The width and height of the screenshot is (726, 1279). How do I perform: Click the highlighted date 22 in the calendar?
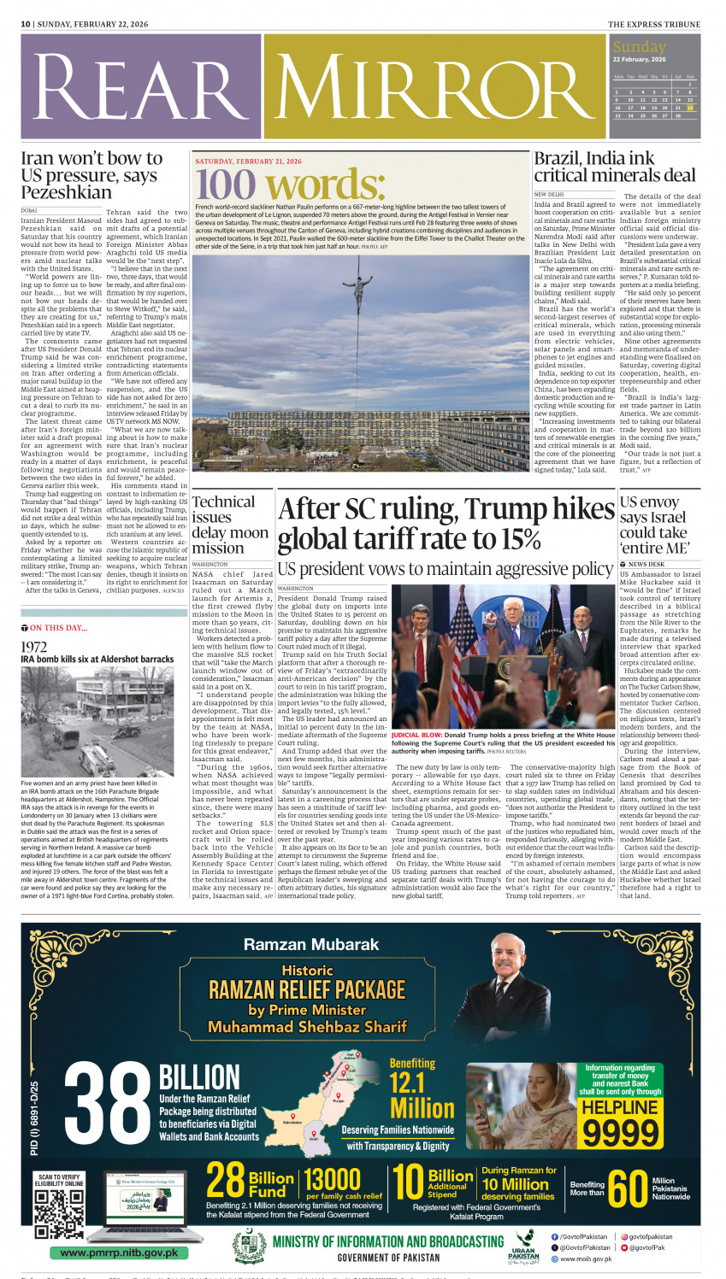pyautogui.click(x=690, y=108)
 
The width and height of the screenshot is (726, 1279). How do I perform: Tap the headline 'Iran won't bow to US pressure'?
pyautogui.click(x=91, y=175)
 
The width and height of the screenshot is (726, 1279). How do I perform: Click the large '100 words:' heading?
pyautogui.click(x=290, y=185)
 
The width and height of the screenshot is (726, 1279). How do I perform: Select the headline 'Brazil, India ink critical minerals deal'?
pyautogui.click(x=614, y=167)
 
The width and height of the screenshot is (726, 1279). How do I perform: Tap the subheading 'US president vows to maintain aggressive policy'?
pyautogui.click(x=445, y=569)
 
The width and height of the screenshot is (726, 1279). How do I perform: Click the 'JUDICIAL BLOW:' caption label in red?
pyautogui.click(x=416, y=735)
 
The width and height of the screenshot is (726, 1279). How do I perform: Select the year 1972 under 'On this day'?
pyautogui.click(x=33, y=647)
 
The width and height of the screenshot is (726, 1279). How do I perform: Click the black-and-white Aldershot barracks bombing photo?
pyautogui.click(x=97, y=721)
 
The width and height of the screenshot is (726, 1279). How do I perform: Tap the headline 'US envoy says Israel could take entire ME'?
pyautogui.click(x=654, y=525)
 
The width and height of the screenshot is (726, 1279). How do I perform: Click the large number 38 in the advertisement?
pyautogui.click(x=108, y=1108)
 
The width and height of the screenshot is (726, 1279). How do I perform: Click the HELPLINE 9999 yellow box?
pyautogui.click(x=621, y=1121)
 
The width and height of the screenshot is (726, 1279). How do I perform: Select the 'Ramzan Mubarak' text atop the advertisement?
pyautogui.click(x=310, y=944)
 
